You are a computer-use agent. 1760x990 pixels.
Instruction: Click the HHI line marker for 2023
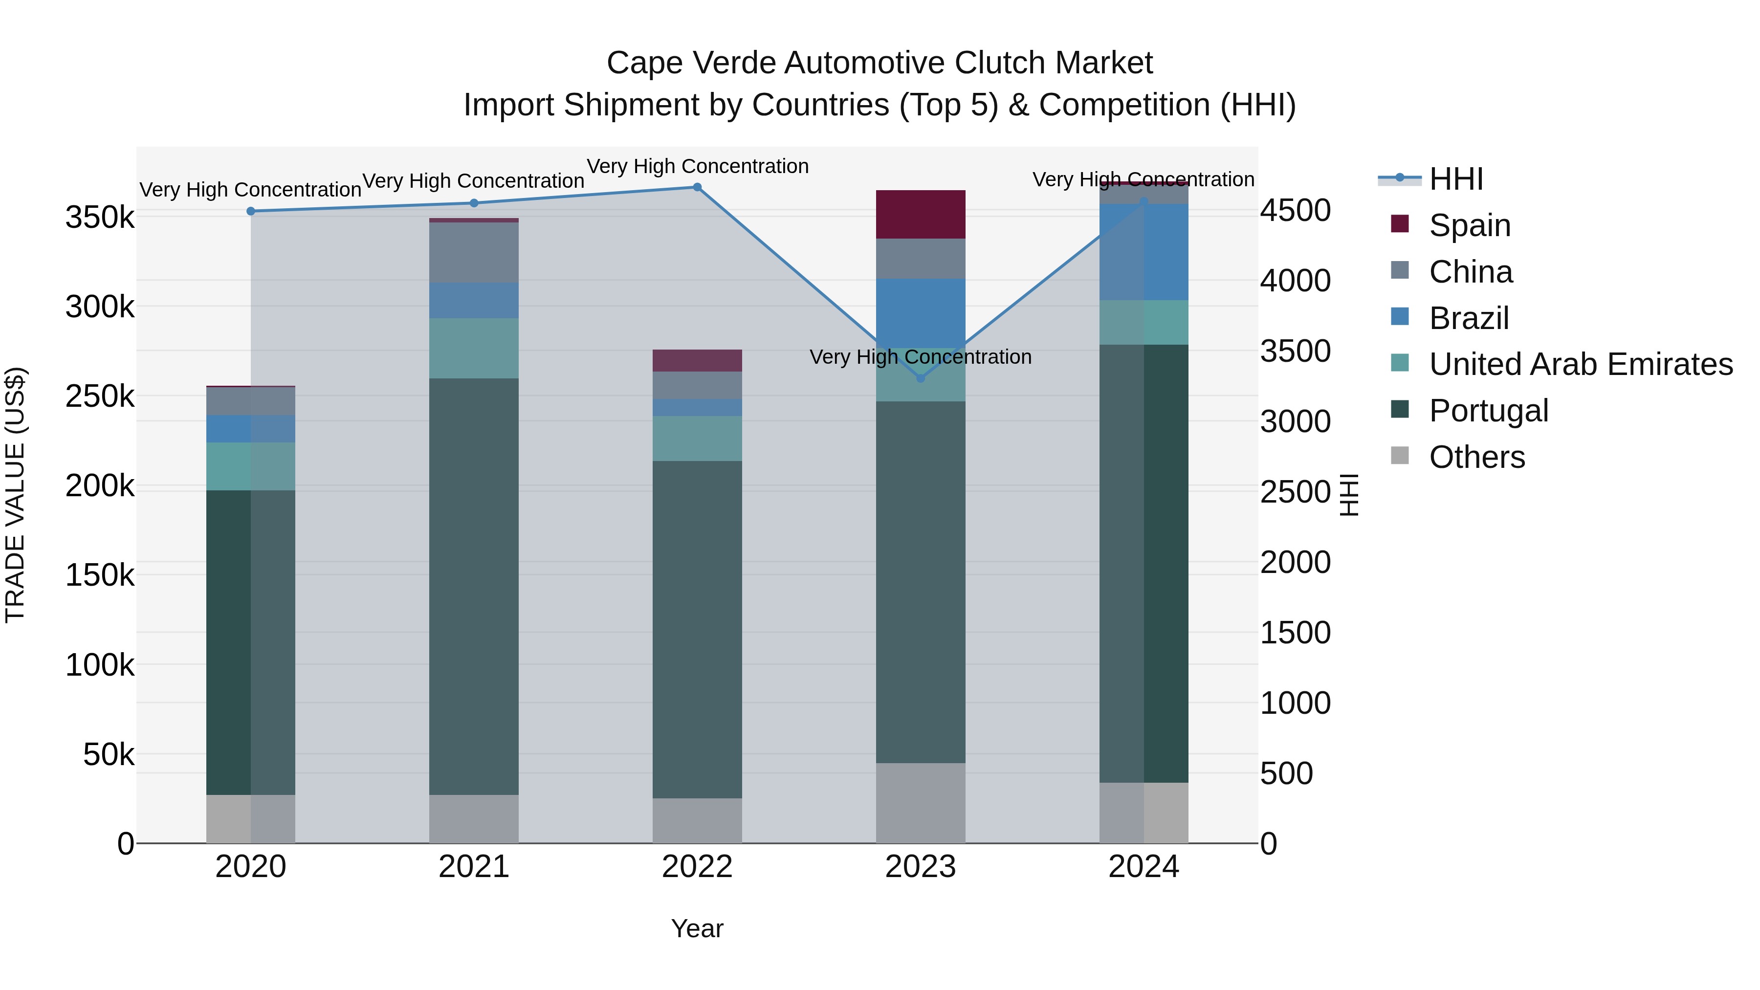coord(920,378)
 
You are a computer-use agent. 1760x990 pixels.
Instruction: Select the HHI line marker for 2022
coord(697,187)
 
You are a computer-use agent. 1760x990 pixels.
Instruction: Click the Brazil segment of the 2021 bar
coord(473,300)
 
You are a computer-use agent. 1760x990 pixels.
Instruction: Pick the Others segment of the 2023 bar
coord(920,803)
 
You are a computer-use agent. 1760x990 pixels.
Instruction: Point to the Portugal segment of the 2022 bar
coord(697,629)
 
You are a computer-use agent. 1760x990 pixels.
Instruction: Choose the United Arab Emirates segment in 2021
coord(473,348)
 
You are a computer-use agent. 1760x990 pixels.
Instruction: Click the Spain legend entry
coord(1469,225)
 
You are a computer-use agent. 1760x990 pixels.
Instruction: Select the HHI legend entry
coord(1455,179)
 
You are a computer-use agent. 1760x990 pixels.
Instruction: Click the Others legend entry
coord(1476,457)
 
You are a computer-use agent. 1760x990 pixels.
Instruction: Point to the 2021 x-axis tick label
coord(473,867)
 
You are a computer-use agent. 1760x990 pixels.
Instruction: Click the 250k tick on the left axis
coord(100,396)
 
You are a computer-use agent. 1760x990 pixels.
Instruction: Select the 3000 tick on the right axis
coord(1295,421)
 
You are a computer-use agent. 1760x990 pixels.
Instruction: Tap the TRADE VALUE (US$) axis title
coord(15,495)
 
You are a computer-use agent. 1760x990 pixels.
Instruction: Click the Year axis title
coord(697,928)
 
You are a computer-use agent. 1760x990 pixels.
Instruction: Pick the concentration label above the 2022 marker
coord(697,166)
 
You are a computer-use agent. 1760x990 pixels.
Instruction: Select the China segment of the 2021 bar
coord(473,252)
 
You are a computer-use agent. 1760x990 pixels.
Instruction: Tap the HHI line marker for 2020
coord(251,211)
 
